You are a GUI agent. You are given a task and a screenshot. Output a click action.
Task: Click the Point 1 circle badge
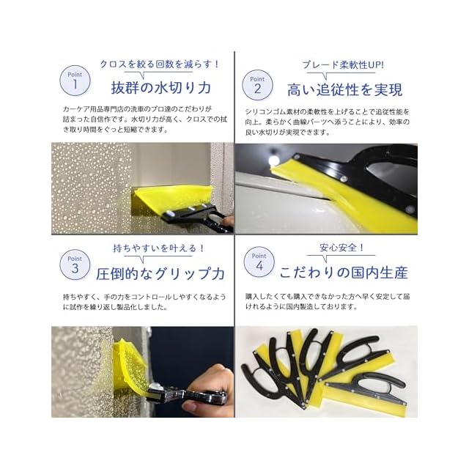tap(75, 81)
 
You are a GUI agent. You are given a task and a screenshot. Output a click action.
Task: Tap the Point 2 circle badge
tap(257, 85)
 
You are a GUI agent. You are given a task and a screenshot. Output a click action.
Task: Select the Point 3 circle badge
tap(75, 265)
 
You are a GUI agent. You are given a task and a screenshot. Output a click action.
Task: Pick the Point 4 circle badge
tap(259, 262)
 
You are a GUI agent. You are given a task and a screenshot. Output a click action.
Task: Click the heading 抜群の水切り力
tap(161, 88)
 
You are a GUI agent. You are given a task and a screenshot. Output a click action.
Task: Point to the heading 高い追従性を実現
tap(345, 89)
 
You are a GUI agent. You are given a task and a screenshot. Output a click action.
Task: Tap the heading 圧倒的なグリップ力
tap(160, 273)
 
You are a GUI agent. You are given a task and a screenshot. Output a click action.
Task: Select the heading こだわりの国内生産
tap(344, 273)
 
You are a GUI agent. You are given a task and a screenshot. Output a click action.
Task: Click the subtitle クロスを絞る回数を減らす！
tap(160, 64)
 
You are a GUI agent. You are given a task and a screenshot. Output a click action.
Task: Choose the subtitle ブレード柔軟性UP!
tap(343, 65)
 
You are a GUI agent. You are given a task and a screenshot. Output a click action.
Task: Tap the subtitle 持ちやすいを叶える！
tap(159, 248)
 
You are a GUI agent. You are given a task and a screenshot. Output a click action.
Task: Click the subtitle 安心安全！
tap(342, 248)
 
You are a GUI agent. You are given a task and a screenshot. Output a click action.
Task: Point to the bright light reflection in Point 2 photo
tap(273, 160)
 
